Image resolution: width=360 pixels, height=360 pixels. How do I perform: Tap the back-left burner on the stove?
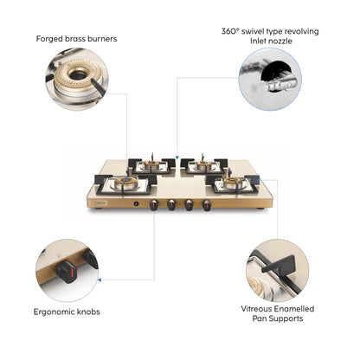click(x=152, y=164)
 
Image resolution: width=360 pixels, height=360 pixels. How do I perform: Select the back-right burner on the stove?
click(x=202, y=164)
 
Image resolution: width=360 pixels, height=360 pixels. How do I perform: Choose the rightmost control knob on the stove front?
click(x=207, y=206)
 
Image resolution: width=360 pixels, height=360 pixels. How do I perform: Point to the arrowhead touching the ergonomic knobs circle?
click(x=100, y=279)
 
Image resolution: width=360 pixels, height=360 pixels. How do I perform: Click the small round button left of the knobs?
click(x=136, y=205)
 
